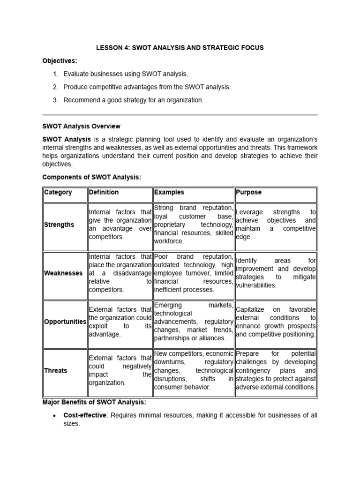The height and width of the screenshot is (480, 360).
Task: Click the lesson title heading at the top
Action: point(180,48)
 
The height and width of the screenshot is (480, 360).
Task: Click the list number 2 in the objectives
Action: point(55,87)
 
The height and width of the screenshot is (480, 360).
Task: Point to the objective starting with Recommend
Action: point(134,100)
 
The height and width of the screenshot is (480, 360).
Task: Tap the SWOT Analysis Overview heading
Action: point(81,126)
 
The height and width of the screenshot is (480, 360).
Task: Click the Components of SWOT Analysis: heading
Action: point(91,177)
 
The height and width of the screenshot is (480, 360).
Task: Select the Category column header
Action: point(58,192)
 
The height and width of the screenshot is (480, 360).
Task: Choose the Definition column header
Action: point(104,192)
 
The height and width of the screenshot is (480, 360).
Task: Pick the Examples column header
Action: point(169,192)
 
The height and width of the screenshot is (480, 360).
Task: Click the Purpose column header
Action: point(249,192)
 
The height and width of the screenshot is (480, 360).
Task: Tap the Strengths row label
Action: point(59,225)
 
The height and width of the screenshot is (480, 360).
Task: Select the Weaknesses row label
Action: point(63,273)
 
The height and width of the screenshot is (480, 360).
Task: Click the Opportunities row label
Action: point(65,322)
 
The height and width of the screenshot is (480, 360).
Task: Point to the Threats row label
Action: point(56,370)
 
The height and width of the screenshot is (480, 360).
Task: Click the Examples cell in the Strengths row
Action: point(194,225)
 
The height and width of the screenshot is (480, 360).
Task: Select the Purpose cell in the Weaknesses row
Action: point(276,273)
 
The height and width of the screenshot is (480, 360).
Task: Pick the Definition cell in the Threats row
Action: point(120,370)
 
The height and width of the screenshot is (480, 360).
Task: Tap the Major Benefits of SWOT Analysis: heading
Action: point(94,402)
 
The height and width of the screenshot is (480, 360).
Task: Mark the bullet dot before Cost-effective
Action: point(55,416)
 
